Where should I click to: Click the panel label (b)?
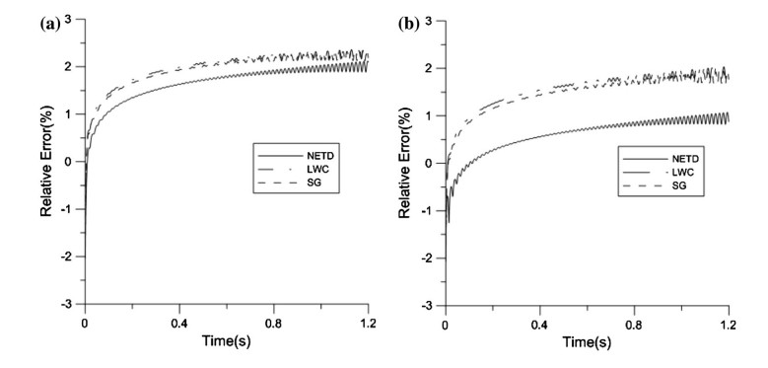click(401, 15)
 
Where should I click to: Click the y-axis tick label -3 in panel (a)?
click(70, 303)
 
